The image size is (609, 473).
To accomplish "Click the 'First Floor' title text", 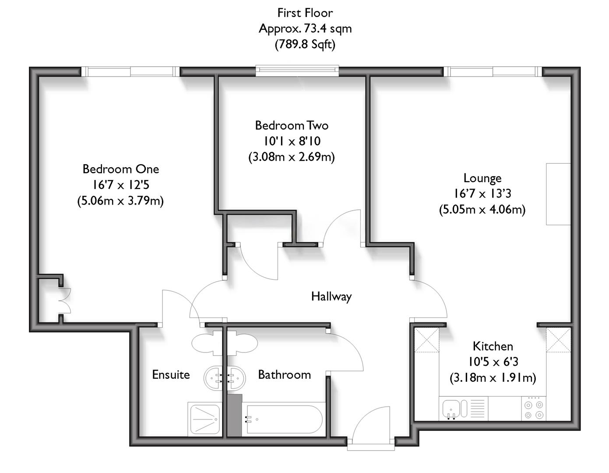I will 305,13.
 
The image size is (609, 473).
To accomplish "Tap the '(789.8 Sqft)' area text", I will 305,44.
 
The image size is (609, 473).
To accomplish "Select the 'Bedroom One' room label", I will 121,169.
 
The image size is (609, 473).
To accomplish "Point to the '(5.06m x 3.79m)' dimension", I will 121,201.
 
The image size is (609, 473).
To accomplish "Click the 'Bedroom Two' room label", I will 292,126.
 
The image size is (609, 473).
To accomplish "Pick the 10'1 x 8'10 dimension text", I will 292,141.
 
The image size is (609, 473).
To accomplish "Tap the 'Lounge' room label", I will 482,178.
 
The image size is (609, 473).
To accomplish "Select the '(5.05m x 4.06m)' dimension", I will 482,209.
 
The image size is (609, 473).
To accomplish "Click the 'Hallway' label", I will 331,297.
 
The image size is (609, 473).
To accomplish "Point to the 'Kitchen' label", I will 493,346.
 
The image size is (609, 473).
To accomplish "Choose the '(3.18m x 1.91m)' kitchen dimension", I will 493,378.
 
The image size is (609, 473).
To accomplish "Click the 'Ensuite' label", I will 171,375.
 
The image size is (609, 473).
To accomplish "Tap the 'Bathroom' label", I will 285,375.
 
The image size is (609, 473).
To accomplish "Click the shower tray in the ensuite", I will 204,419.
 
